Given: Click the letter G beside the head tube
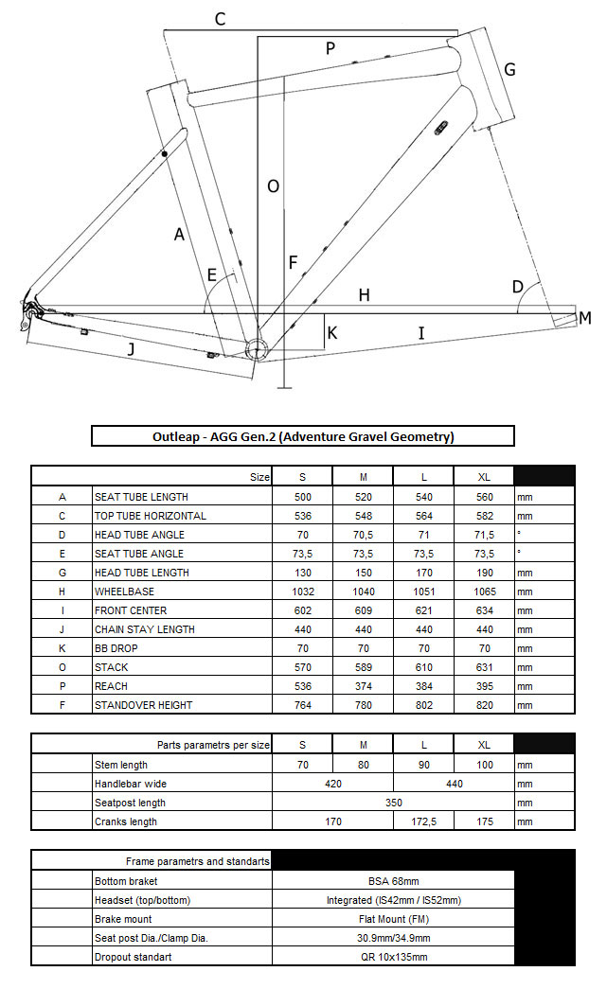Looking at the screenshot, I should click(x=509, y=69).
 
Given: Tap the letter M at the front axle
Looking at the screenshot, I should click(x=584, y=318).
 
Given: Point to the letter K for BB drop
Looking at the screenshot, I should click(x=331, y=332).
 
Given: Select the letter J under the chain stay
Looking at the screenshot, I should click(x=131, y=349).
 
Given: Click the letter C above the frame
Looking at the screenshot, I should click(x=220, y=18).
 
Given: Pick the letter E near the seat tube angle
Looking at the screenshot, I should click(x=212, y=275).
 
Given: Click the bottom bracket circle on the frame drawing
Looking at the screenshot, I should click(x=254, y=347).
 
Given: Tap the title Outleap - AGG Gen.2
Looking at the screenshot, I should click(x=303, y=436).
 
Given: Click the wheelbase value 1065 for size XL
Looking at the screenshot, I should click(x=484, y=592).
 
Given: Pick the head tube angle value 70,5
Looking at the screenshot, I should click(x=364, y=535).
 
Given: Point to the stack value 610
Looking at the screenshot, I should click(x=423, y=667).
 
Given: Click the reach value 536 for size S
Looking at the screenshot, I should click(x=303, y=686).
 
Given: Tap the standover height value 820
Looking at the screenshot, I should click(x=484, y=705).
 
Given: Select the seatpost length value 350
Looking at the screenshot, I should click(x=394, y=803).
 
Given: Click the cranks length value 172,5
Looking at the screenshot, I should click(x=423, y=821).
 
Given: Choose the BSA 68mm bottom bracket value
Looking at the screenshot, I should click(x=394, y=881).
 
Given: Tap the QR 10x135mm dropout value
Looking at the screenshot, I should click(x=394, y=957).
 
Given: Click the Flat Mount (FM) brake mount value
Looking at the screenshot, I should click(x=394, y=919).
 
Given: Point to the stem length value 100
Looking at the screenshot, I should click(x=484, y=765).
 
